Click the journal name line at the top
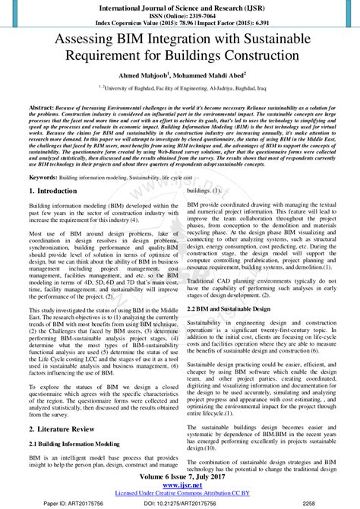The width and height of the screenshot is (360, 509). (x=180, y=6)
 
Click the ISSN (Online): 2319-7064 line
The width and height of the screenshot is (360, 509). (x=180, y=15)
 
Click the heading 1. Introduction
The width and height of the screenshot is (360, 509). (x=55, y=191)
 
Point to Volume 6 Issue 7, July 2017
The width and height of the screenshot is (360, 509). (x=180, y=477)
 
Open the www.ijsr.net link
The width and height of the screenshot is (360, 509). (x=180, y=486)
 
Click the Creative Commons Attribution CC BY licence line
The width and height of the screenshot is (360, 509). (x=180, y=494)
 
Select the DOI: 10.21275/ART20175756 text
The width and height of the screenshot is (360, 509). (x=179, y=503)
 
